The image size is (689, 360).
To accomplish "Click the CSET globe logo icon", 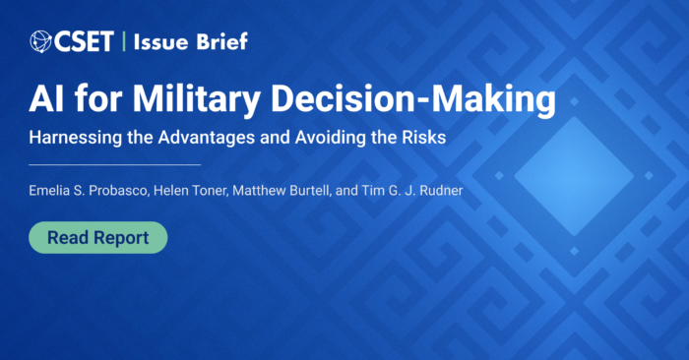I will (x=41, y=41).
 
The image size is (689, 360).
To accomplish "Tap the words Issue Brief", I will (x=188, y=41).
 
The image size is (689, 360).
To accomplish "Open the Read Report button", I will (x=97, y=237).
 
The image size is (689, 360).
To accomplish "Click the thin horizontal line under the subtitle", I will (x=114, y=164).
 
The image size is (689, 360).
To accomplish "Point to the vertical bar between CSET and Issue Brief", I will (x=123, y=41).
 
